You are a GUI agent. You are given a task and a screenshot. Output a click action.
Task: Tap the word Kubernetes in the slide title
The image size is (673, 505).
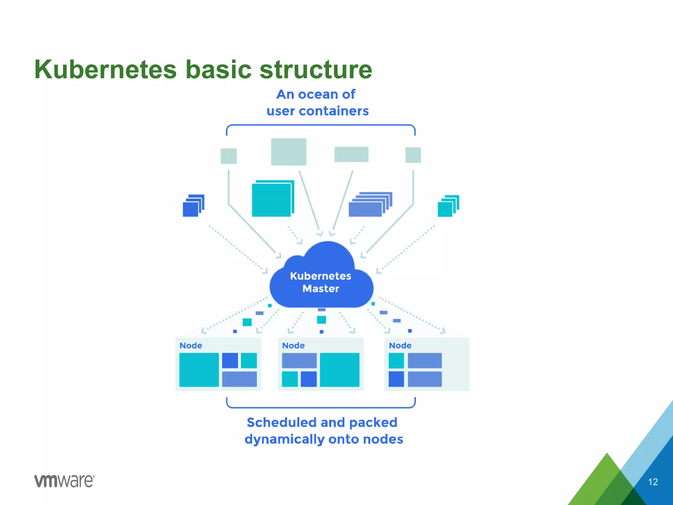point(105,70)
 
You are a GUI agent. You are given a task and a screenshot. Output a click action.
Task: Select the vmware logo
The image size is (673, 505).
point(64,481)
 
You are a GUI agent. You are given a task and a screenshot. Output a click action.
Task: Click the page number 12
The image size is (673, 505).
point(653,482)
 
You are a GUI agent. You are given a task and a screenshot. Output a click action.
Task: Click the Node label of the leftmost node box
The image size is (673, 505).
point(191,346)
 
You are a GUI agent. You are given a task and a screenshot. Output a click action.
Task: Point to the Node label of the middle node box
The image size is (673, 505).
point(293,346)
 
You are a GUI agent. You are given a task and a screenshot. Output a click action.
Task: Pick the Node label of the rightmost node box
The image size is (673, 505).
point(400,346)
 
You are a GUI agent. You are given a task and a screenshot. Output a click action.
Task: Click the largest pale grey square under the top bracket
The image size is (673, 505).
point(289,152)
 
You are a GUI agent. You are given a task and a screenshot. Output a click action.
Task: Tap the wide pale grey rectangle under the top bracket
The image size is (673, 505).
point(351,154)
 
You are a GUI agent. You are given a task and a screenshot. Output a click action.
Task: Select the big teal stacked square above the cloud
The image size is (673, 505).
point(272,200)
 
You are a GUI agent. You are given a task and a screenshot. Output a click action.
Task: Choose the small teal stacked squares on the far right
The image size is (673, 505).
point(447,207)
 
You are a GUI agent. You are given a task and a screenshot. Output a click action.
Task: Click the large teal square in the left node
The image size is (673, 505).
point(199,370)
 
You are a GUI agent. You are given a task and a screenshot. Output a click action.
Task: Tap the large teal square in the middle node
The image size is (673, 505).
point(339,370)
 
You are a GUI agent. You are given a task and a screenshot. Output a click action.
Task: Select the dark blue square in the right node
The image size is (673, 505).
point(396,379)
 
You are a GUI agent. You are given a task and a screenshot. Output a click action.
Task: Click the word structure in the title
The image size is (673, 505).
point(316,70)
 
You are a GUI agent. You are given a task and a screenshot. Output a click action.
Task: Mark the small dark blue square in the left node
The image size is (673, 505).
point(230,360)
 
